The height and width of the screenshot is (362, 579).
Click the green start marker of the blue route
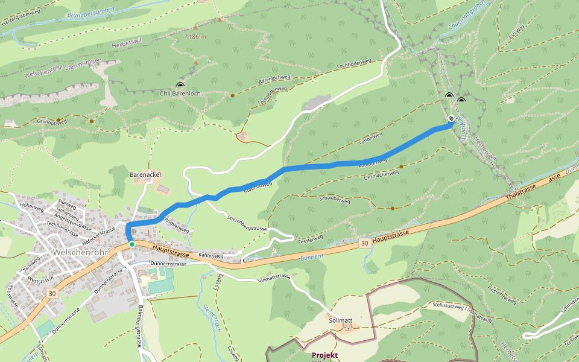point(131,244)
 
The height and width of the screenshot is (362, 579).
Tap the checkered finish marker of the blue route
point(451,119)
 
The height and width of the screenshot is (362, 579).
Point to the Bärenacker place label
point(145,174)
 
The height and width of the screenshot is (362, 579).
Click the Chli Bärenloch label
point(180,94)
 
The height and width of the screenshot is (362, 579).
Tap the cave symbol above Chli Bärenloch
point(180,85)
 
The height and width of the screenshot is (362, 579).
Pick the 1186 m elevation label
point(195,37)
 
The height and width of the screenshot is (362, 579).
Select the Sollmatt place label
point(341,320)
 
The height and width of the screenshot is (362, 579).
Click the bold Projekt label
point(324,355)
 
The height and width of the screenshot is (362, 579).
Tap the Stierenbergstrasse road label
point(247,223)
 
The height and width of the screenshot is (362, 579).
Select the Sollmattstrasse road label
point(274,279)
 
